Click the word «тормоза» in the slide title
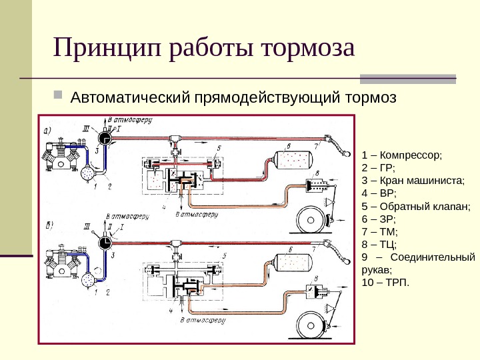pos(307,49)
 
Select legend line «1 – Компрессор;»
pos(401,155)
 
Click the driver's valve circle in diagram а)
pos(103,138)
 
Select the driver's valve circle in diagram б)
pos(103,243)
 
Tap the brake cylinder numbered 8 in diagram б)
pos(313,291)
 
